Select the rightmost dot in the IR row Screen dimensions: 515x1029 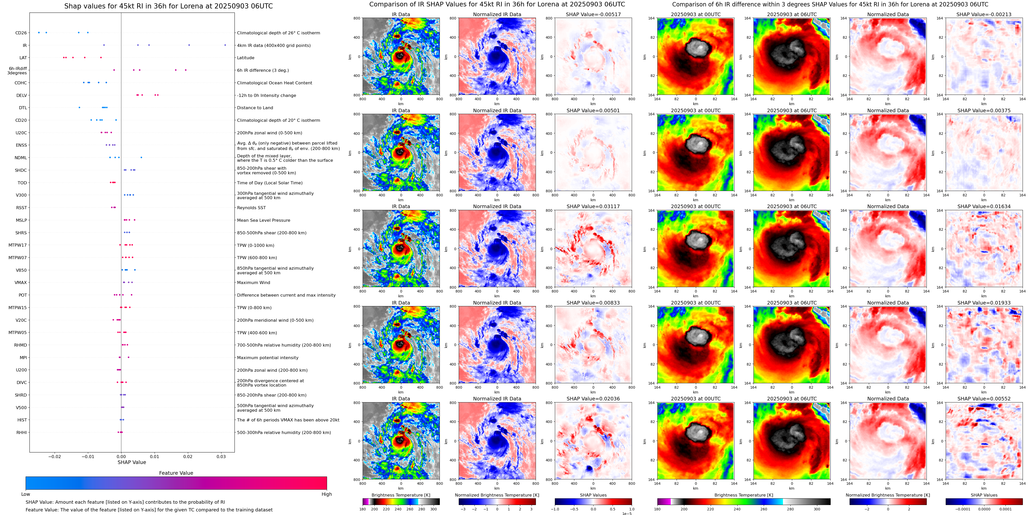[225, 45]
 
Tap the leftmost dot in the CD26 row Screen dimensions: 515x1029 [39, 32]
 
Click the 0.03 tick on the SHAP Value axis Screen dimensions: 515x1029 [221, 456]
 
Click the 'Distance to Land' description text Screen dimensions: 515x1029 [255, 108]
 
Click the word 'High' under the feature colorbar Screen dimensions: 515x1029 [326, 494]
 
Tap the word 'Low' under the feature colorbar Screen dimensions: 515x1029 [26, 494]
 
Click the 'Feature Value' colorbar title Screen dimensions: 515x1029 [176, 473]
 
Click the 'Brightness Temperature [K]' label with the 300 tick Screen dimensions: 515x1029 [401, 495]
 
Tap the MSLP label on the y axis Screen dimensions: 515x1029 [21, 220]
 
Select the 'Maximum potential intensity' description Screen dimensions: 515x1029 [268, 358]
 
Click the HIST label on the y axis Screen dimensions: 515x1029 [22, 420]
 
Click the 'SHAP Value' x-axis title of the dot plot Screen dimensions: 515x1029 [131, 462]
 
